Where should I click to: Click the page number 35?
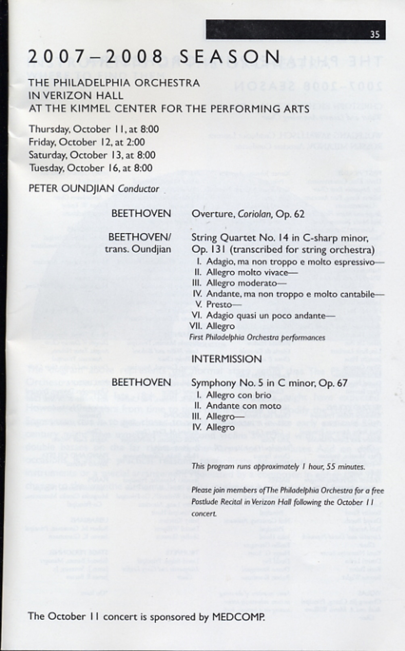(374, 34)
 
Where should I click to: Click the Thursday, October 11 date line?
(94, 129)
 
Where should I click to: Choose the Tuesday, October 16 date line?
(90, 168)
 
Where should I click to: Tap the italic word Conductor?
(138, 189)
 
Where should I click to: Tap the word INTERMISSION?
(226, 359)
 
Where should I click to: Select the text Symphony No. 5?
(225, 382)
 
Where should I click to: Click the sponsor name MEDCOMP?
(238, 617)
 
